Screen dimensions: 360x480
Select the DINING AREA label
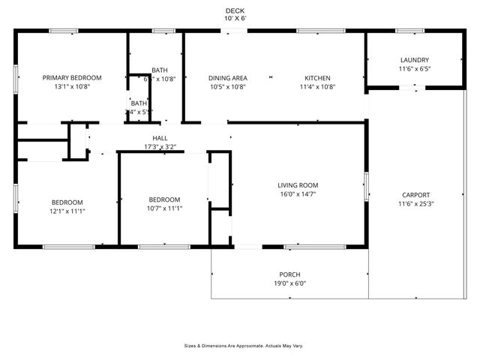[228, 78]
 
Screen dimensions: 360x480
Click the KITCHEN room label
[317, 78]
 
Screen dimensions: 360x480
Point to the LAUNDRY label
[414, 60]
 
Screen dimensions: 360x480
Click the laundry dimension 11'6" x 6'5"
[414, 69]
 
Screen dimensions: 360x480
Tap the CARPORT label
[415, 195]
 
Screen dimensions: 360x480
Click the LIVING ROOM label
[298, 185]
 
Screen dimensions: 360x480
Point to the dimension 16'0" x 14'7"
[298, 194]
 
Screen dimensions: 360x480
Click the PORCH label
[289, 274]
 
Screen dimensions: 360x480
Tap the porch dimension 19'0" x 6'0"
[289, 283]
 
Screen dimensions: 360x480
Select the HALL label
[160, 138]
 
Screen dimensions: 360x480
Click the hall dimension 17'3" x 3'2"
[160, 147]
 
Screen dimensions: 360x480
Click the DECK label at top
[235, 10]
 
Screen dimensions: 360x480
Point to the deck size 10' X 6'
[235, 19]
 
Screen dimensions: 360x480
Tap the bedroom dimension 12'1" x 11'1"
[67, 211]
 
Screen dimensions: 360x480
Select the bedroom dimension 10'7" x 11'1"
[164, 208]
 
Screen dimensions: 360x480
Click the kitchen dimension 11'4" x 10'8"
[317, 87]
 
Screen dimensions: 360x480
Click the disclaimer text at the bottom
[244, 346]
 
